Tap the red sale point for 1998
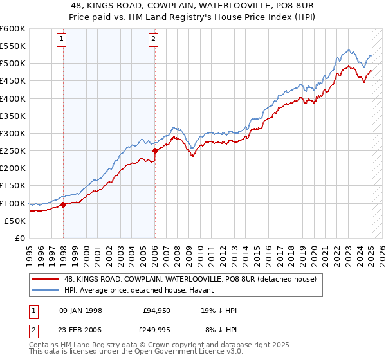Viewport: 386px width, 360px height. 64,205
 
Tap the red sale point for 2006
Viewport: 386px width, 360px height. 155,151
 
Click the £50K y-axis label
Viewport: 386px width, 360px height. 15,221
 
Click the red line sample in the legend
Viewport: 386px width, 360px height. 45,279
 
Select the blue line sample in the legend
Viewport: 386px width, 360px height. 45,291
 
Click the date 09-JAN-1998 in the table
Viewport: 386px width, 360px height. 80,310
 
